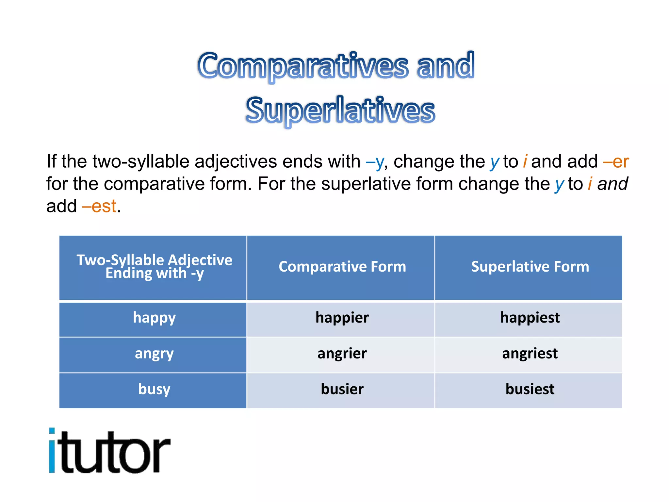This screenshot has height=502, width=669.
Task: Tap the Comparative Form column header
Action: point(342,267)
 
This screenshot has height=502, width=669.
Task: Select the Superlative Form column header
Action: point(530,267)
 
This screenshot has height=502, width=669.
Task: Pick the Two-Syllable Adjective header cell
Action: point(154,267)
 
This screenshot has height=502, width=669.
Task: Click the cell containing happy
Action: point(154,318)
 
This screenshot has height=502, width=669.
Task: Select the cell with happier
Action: point(342,318)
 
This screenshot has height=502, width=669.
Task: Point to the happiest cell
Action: point(530,318)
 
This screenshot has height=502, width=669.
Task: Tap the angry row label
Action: point(154,354)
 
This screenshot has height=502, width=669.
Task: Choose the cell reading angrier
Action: point(342,354)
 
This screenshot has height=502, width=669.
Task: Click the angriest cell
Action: point(530,354)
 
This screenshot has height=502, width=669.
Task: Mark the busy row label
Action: point(154,390)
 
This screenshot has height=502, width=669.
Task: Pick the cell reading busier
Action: point(342,390)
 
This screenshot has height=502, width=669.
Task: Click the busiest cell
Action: point(530,390)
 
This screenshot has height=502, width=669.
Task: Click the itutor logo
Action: point(109,451)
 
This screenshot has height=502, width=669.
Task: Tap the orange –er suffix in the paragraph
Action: point(616,161)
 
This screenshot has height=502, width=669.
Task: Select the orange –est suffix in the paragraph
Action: point(100,206)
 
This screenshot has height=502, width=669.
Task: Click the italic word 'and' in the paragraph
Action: point(612,184)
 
